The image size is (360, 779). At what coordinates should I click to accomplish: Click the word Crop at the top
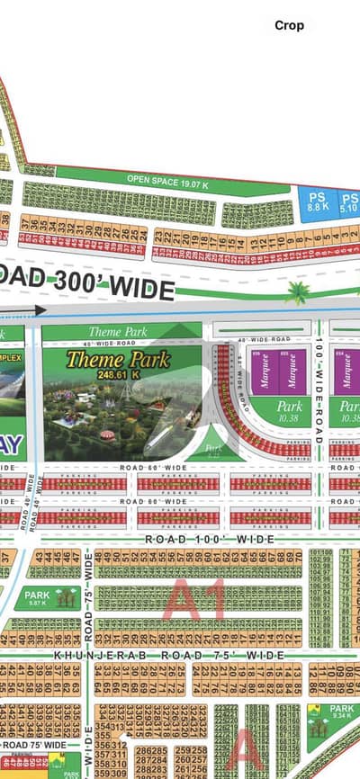pyautogui.click(x=289, y=26)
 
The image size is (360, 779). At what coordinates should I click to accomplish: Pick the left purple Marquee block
pyautogui.click(x=267, y=370)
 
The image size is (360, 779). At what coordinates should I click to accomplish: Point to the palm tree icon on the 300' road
pyautogui.click(x=297, y=291)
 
